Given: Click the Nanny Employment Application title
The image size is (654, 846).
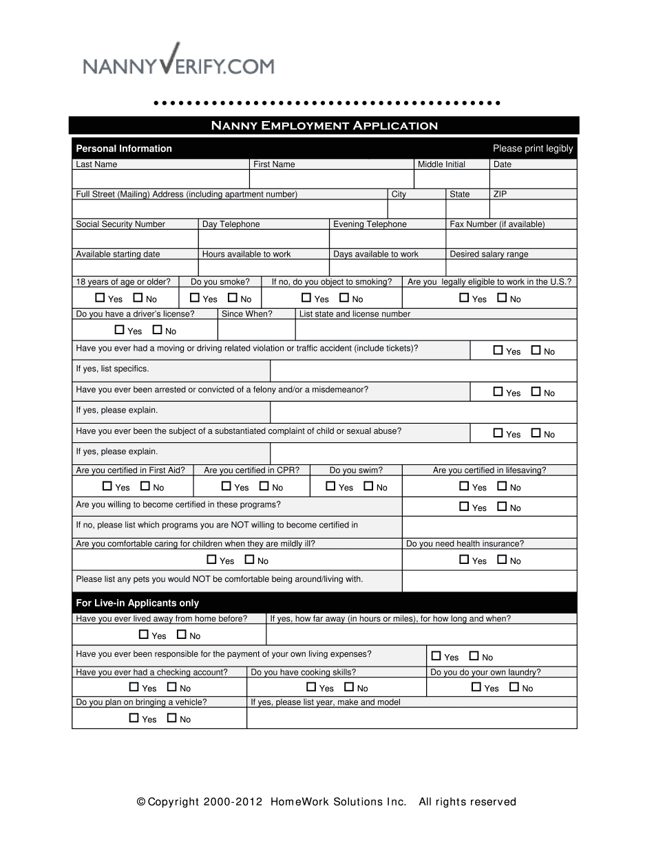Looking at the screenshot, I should pos(324,125).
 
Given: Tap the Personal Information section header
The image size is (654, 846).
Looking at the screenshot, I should pos(124,149).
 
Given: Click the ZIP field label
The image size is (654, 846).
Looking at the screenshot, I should pos(500,195).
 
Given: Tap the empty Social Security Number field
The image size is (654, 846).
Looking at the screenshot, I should pos(135,239).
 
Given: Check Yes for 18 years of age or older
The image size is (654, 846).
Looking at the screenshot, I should pos(100,299).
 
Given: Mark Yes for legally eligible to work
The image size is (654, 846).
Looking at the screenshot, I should pos(465,299).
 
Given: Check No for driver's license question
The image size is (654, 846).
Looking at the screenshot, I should pos(157,330).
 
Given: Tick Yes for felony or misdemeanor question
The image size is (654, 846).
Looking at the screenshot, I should pos(498,392).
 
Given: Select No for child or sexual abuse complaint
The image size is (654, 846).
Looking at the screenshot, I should pos(536,433).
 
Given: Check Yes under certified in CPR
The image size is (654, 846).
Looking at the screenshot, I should pos(226,486).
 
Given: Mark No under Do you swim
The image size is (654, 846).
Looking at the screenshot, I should pos(368,486).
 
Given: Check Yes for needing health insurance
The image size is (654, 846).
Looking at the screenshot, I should pos(465,560).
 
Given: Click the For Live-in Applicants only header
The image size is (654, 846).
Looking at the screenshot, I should pos(138,603).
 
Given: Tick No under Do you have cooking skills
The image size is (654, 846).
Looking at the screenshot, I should pos(349,687).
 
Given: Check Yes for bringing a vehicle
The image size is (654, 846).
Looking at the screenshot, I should pos(134,718).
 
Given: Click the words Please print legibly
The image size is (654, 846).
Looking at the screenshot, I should pos(533,149).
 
